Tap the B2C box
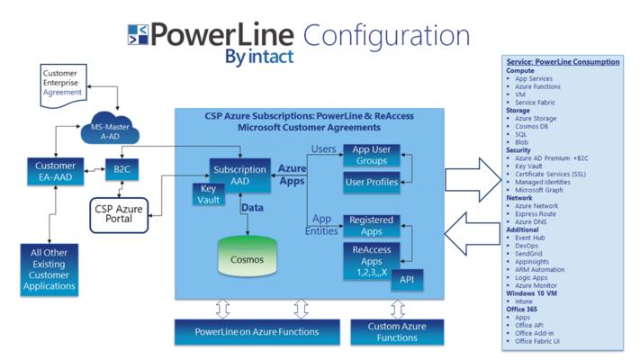118,170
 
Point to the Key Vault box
209,193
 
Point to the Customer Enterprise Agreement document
63,82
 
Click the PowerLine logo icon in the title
138,37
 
